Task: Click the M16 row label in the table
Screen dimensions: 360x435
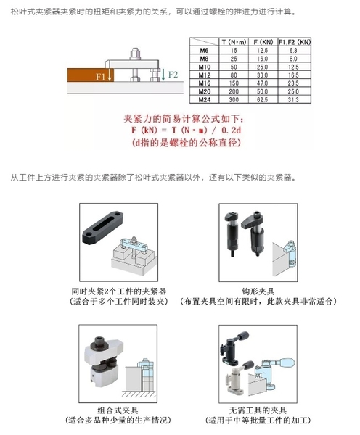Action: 205,83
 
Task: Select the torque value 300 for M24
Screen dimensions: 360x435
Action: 234,99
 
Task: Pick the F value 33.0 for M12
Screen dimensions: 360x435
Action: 263,75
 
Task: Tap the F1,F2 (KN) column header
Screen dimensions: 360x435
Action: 295,42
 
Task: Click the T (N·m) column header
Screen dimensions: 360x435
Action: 234,42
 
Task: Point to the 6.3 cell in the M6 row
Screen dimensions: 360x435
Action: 293,51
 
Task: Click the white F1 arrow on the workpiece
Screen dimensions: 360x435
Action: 110,75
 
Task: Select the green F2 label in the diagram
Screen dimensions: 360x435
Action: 173,75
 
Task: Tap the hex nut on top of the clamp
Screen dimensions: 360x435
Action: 135,54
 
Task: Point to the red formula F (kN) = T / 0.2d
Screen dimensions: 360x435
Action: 186,130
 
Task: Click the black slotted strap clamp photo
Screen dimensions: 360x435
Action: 102,228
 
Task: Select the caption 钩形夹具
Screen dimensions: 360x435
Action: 258,291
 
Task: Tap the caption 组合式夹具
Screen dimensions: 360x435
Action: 118,410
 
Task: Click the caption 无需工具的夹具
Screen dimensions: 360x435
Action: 258,410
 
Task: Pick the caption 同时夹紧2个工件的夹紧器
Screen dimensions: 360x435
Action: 119,291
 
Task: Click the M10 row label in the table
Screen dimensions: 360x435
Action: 205,67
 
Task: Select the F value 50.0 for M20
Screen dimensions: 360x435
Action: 263,91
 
